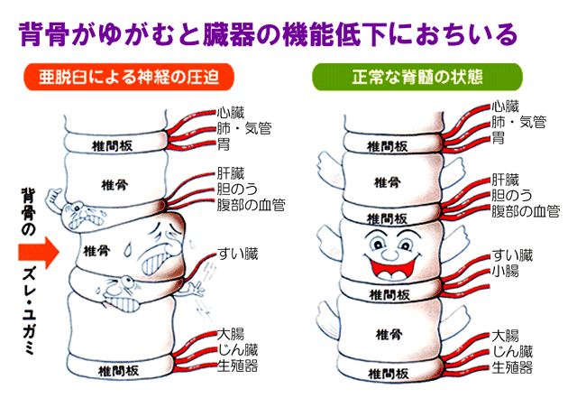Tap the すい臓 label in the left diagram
tap(238, 254)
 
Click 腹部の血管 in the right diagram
tap(525, 211)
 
